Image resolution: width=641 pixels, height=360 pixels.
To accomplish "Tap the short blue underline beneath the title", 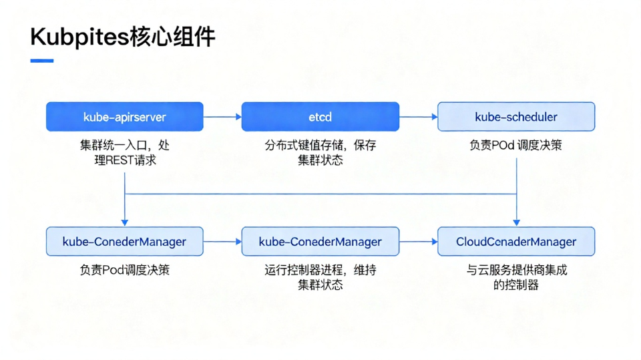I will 42,61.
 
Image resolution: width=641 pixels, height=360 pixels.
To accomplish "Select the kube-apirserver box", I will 124,117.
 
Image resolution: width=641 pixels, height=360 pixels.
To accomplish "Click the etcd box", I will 320,117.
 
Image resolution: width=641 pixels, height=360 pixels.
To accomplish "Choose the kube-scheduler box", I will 515,117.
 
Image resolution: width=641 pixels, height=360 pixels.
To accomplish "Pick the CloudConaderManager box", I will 515,242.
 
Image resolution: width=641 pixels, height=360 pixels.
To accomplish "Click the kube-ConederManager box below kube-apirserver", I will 124,242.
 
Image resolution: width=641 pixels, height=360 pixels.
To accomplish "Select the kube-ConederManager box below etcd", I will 320,242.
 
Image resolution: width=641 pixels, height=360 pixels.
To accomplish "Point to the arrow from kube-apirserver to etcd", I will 222,117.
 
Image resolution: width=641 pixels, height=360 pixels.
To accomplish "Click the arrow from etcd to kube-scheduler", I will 418,117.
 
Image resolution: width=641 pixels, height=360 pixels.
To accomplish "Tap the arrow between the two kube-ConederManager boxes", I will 222,242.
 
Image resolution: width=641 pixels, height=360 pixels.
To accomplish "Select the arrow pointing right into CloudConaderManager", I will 418,242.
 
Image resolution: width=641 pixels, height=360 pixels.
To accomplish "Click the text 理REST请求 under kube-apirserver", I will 125,160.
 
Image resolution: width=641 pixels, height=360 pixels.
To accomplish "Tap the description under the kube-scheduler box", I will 515,145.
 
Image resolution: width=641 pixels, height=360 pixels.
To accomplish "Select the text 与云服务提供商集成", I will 515,271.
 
